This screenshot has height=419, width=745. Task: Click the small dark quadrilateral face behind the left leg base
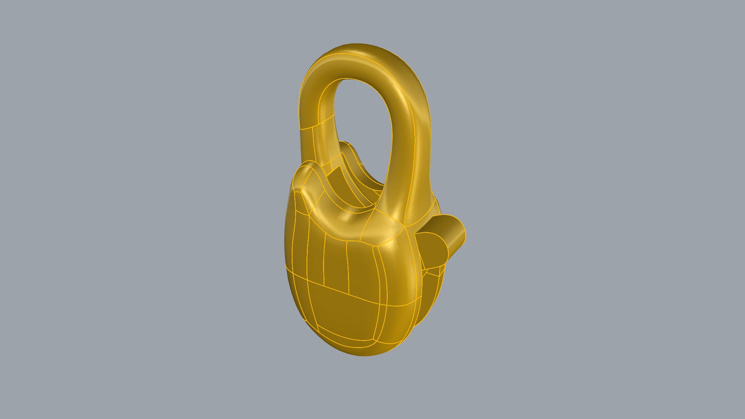tap(334, 175)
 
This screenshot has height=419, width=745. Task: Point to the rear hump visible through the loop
tap(351, 149)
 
